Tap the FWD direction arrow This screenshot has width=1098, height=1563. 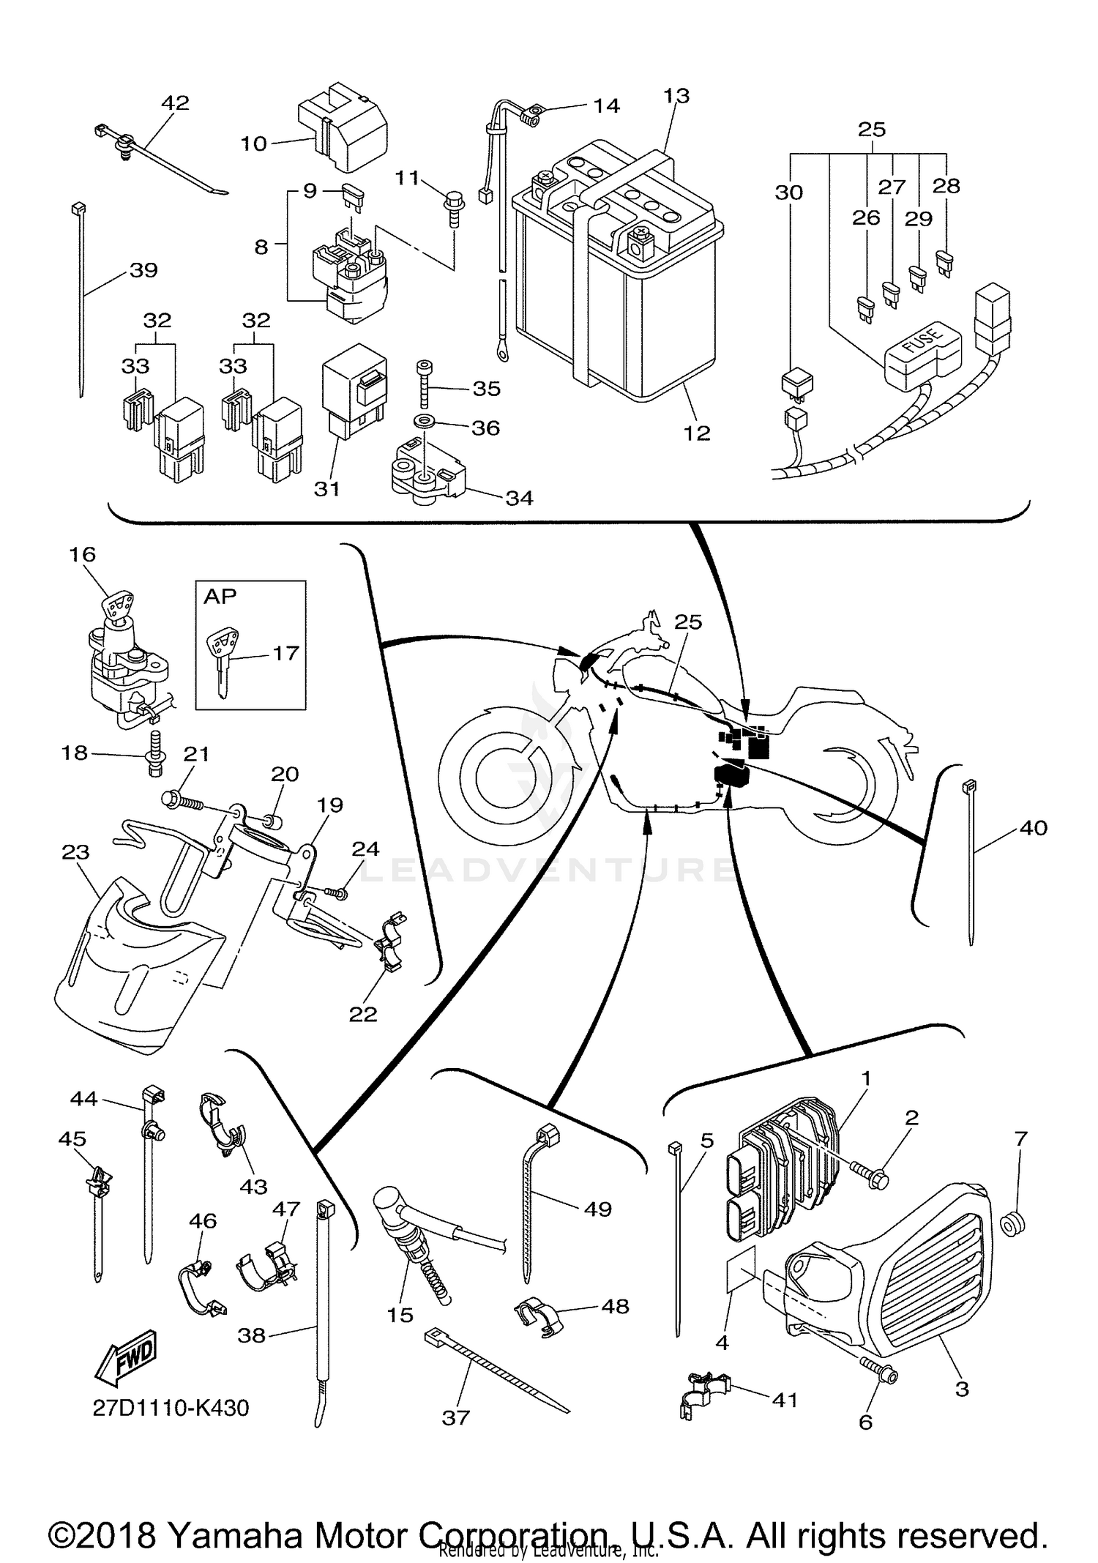tap(126, 1357)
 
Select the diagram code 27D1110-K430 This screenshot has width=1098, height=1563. tap(171, 1407)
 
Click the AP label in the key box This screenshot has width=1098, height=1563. tap(220, 596)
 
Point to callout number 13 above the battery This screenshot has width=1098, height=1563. tap(676, 96)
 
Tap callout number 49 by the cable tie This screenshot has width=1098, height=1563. tap(597, 1209)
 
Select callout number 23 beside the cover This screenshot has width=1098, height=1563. tap(75, 851)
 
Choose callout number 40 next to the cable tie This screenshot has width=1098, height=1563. tap(1033, 827)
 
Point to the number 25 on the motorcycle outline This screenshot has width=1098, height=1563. tap(687, 622)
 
